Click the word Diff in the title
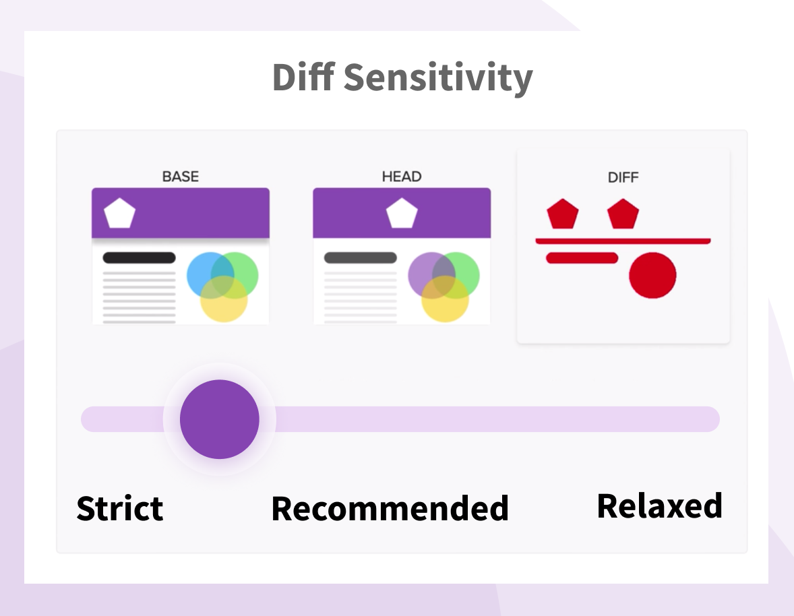coord(303,78)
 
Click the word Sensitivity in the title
coord(438,79)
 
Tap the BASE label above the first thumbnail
coord(181,177)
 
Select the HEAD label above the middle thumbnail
coord(402,177)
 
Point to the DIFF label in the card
coord(623,178)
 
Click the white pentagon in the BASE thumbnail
coord(120,214)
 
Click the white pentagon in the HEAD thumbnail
coord(402,214)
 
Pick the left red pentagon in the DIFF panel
coord(562,214)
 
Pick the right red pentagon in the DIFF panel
coord(623,214)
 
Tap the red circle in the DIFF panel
coord(652,275)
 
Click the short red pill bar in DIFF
coord(582,257)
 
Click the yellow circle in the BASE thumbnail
coord(224,303)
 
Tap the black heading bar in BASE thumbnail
coord(139,257)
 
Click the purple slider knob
coord(220,419)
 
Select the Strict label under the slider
coord(120,508)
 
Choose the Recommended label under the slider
coord(390,508)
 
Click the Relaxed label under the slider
coord(659,505)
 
